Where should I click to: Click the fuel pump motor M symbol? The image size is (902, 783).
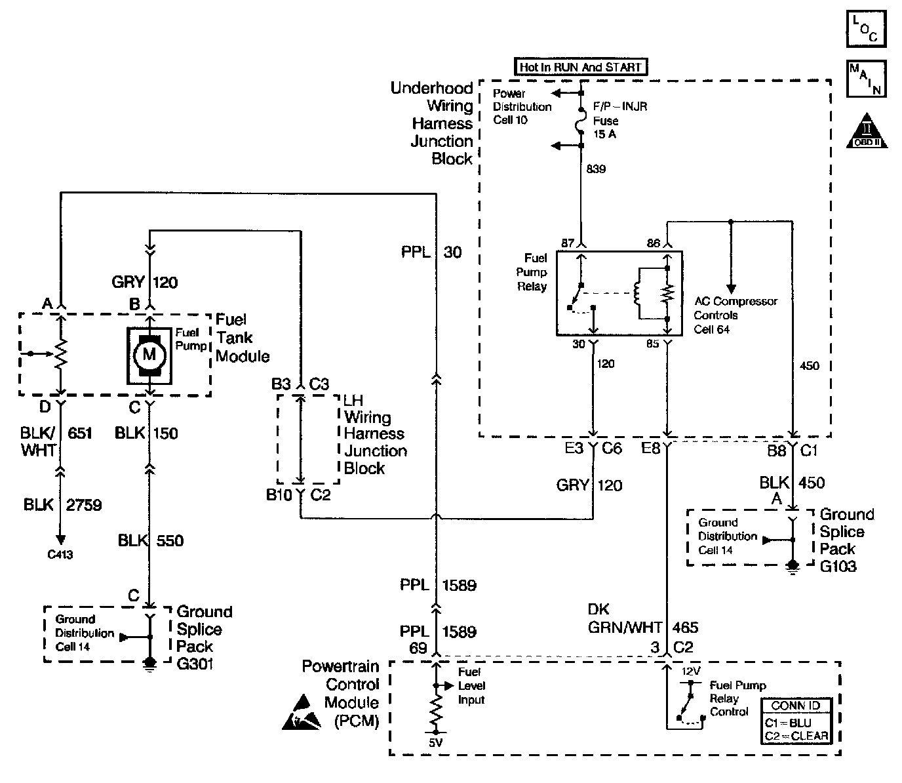[x=149, y=355]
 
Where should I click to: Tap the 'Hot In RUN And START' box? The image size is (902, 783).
[x=580, y=67]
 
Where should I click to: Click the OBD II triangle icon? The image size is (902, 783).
[x=867, y=130]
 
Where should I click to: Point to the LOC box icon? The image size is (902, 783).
[x=866, y=29]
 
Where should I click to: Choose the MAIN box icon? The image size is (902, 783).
[x=866, y=79]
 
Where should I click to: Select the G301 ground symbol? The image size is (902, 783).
[x=150, y=663]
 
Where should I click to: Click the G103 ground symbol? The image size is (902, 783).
[x=793, y=566]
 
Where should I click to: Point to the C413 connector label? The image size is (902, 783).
[x=60, y=555]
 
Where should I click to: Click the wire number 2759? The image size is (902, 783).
[x=84, y=505]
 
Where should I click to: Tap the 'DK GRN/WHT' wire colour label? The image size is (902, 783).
[x=625, y=618]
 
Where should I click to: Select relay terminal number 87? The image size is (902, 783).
[x=568, y=243]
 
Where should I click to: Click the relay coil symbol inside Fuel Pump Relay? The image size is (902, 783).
[x=636, y=293]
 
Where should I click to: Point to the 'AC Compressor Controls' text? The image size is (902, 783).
[x=735, y=308]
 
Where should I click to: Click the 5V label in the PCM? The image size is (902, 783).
[x=436, y=744]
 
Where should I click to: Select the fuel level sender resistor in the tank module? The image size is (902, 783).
[x=60, y=354]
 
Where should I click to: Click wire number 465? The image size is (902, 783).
[x=685, y=628]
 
